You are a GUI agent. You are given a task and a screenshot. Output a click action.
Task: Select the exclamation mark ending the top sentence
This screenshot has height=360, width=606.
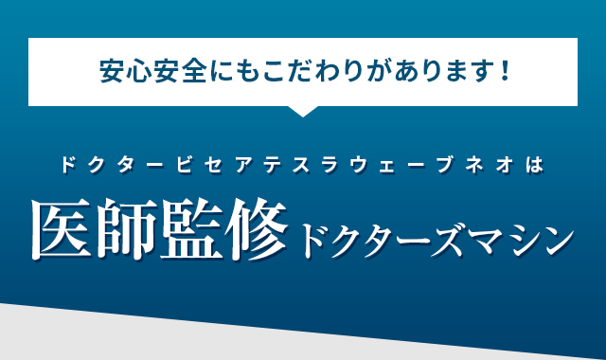point(504,70)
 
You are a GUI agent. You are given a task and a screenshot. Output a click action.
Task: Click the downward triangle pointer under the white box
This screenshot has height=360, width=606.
point(302,110)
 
